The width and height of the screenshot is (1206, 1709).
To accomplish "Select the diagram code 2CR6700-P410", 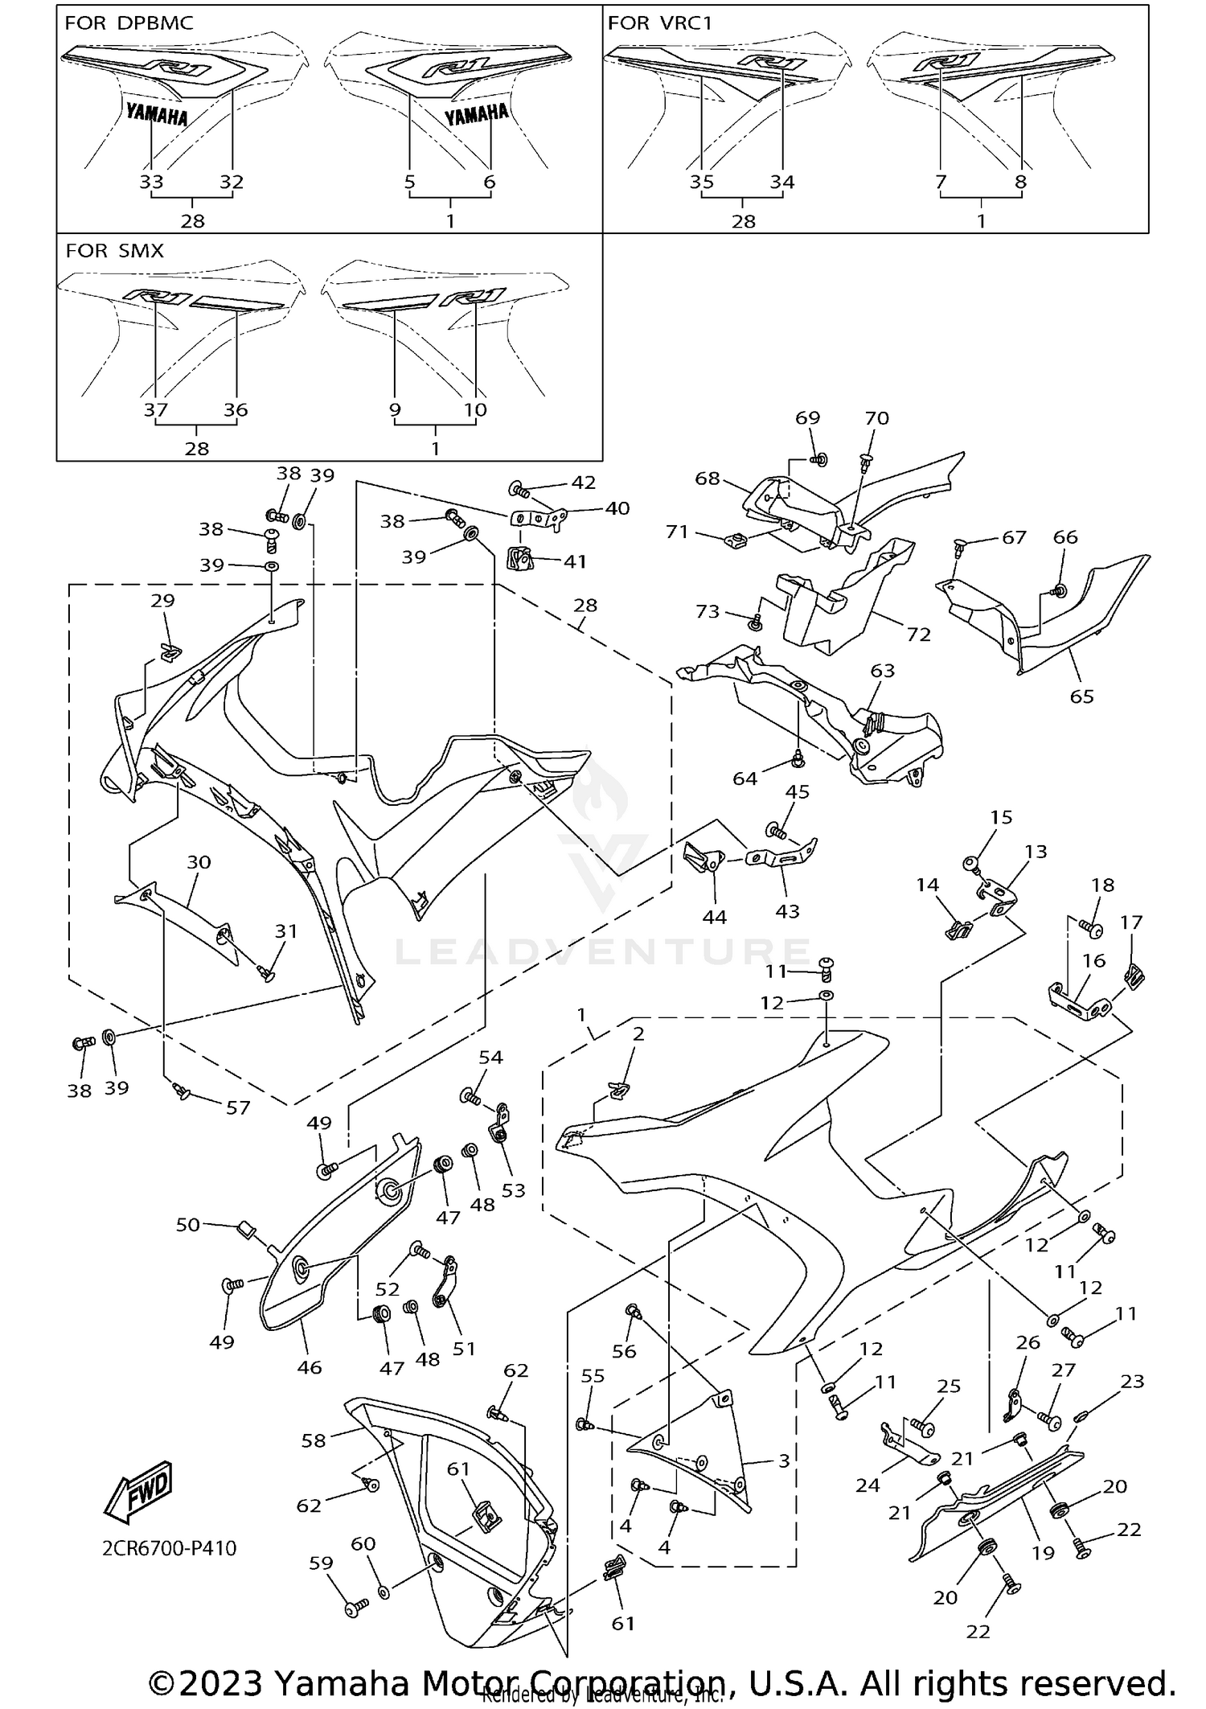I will coord(170,1548).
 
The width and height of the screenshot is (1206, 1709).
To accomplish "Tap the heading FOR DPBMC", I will coord(129,23).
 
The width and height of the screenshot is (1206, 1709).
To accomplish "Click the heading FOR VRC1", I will coord(660,23).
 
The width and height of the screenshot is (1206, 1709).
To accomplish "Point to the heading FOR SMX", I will coord(114,251).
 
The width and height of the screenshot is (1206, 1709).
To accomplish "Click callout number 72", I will coord(918,635).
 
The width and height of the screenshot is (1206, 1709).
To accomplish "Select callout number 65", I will coord(1081,696).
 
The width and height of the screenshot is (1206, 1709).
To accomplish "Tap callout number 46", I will coord(310,1367).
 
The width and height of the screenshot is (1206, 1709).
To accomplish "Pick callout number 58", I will coord(314,1440).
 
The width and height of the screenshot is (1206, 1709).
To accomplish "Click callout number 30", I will coord(199,862).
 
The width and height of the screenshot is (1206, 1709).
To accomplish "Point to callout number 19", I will coord(1043,1553).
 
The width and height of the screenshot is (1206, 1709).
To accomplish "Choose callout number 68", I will coord(708,479).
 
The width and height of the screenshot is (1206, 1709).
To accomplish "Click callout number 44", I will coord(714,918).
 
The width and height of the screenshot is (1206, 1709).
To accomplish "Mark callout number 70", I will coord(876,418).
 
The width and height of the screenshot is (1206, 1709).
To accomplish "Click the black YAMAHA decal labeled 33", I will coord(157,116).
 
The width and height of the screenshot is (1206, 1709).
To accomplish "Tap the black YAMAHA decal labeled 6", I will coord(477,115).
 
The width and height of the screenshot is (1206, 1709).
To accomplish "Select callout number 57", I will coord(238,1107).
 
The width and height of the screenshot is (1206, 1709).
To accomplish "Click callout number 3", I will coord(784,1460).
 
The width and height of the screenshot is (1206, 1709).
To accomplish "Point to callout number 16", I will coord(1093,960).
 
